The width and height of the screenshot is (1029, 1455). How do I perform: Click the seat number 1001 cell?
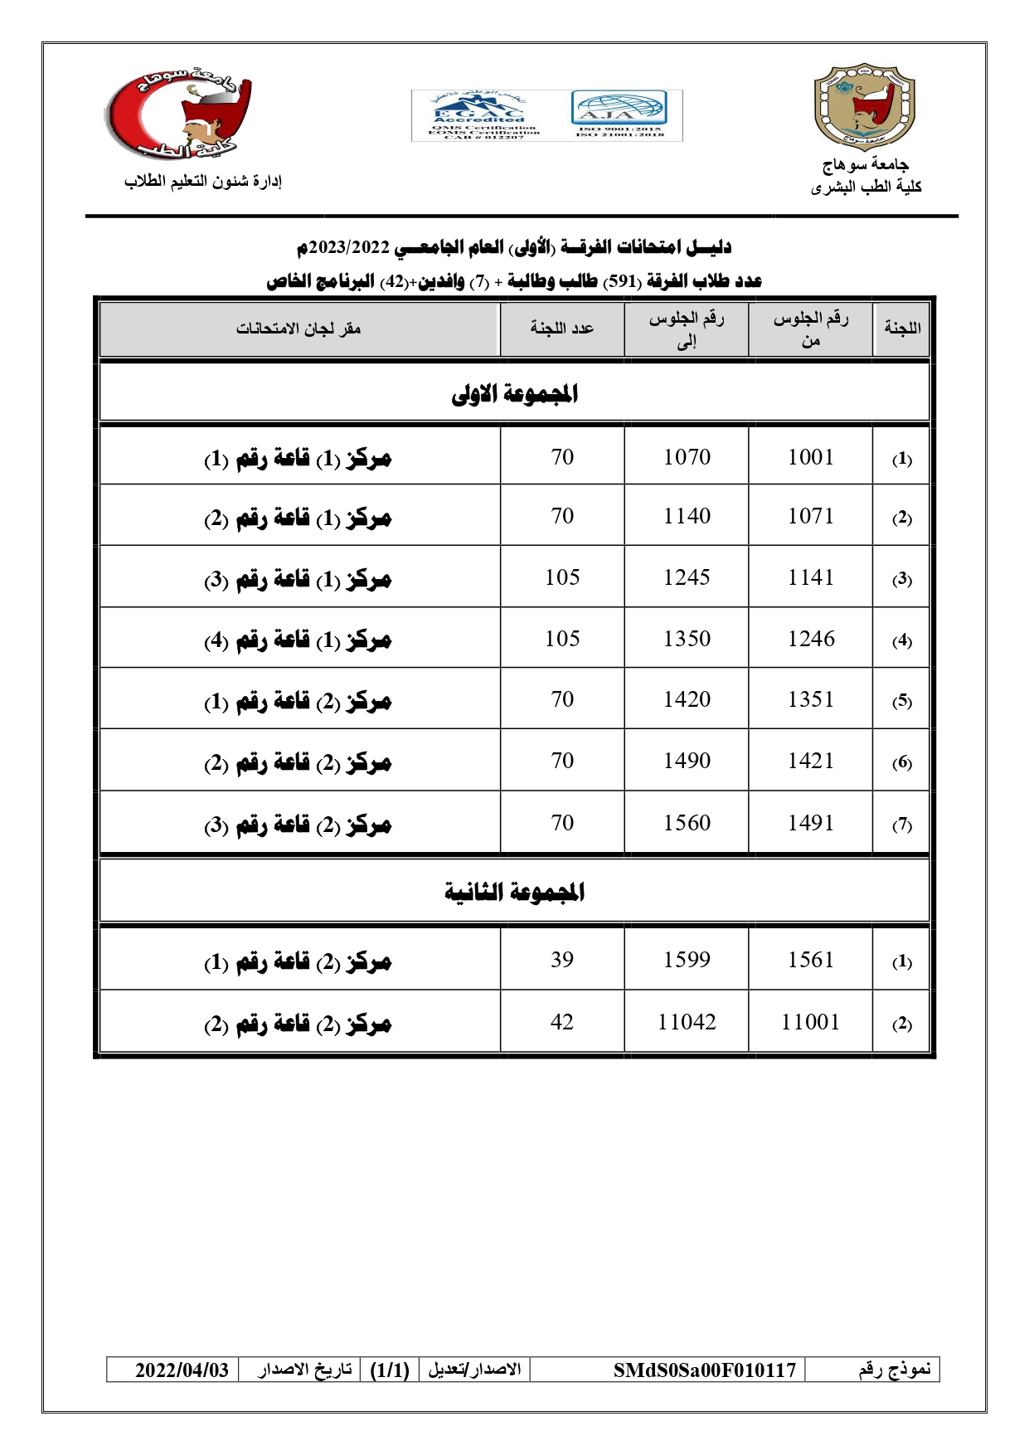pyautogui.click(x=810, y=457)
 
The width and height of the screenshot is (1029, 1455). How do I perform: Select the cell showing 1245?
pyautogui.click(x=687, y=577)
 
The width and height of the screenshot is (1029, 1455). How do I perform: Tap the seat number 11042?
pyautogui.click(x=687, y=1022)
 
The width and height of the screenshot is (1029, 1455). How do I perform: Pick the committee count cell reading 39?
pyautogui.click(x=562, y=960)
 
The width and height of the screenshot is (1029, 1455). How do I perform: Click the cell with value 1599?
pyautogui.click(x=687, y=960)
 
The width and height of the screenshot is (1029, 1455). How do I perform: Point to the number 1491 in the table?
pyautogui.click(x=810, y=823)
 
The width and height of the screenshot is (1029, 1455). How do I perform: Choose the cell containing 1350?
pyautogui.click(x=687, y=639)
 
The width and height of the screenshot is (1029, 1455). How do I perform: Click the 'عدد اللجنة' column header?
pyautogui.click(x=562, y=328)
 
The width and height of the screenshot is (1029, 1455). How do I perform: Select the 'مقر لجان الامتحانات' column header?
pyautogui.click(x=299, y=328)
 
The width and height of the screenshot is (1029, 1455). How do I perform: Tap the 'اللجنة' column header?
pyautogui.click(x=902, y=328)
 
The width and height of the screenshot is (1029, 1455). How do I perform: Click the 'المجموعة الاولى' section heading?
pyautogui.click(x=514, y=394)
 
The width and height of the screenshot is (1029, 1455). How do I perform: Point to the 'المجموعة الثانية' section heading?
pyautogui.click(x=514, y=893)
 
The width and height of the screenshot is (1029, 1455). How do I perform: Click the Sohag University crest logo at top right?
pyautogui.click(x=865, y=108)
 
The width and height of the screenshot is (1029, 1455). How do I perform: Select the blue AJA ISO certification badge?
pyautogui.click(x=619, y=114)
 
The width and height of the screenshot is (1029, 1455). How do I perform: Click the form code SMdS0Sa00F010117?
pyautogui.click(x=704, y=1370)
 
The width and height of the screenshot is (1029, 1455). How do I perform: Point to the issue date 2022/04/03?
pyautogui.click(x=182, y=1370)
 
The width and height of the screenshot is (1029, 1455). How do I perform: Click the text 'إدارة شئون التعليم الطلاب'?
pyautogui.click(x=203, y=182)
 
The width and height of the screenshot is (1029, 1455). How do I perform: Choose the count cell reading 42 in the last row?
pyautogui.click(x=562, y=1022)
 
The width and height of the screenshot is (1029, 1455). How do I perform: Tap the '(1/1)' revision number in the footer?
pyautogui.click(x=390, y=1370)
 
